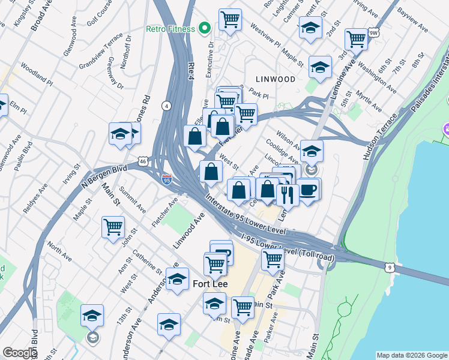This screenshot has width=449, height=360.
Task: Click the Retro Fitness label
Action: click(x=170, y=29)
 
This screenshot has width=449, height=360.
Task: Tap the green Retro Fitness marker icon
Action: click(x=205, y=28)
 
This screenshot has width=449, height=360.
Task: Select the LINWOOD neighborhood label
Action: click(x=276, y=79)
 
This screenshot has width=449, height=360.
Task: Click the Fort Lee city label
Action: click(x=209, y=283)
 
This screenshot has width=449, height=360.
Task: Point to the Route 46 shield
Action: click(x=142, y=161)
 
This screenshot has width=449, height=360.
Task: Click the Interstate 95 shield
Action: click(x=167, y=179)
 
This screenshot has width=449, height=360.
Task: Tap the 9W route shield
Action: click(x=373, y=32)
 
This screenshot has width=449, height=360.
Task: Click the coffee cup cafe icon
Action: click(x=308, y=190)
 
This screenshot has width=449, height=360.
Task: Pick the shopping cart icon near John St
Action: click(x=113, y=227)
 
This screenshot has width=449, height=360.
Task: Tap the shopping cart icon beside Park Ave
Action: click(x=273, y=260)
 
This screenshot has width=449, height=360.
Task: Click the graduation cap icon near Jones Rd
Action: click(x=120, y=134)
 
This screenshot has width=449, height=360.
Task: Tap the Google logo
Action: click(x=20, y=353)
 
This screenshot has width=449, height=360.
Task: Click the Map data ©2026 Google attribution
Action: click(x=412, y=355)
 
